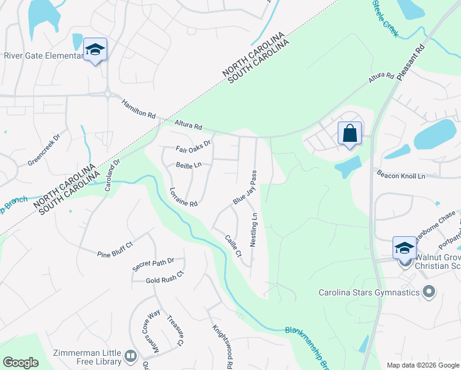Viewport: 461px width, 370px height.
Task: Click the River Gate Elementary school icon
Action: [x=96, y=49]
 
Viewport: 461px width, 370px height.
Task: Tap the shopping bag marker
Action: [x=349, y=133]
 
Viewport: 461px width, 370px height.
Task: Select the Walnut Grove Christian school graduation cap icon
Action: [x=404, y=247]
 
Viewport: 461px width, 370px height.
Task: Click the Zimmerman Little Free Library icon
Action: [x=131, y=356]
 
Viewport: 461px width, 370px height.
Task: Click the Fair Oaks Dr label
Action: [x=193, y=146]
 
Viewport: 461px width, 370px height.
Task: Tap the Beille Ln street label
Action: [x=189, y=165]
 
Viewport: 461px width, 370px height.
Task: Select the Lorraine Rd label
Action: [x=182, y=197]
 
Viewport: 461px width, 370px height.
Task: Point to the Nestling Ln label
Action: [x=253, y=230]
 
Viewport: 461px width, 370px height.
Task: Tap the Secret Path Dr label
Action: [x=153, y=265]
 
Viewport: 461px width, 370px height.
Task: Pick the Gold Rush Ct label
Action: [x=165, y=277]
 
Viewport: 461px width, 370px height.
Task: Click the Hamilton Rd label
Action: [x=139, y=109]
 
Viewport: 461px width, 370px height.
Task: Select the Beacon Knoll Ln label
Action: [x=401, y=176]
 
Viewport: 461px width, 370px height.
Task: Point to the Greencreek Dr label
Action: [x=44, y=150]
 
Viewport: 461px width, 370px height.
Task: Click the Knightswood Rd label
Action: [x=222, y=347]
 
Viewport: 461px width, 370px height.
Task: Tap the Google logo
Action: [x=20, y=363]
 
